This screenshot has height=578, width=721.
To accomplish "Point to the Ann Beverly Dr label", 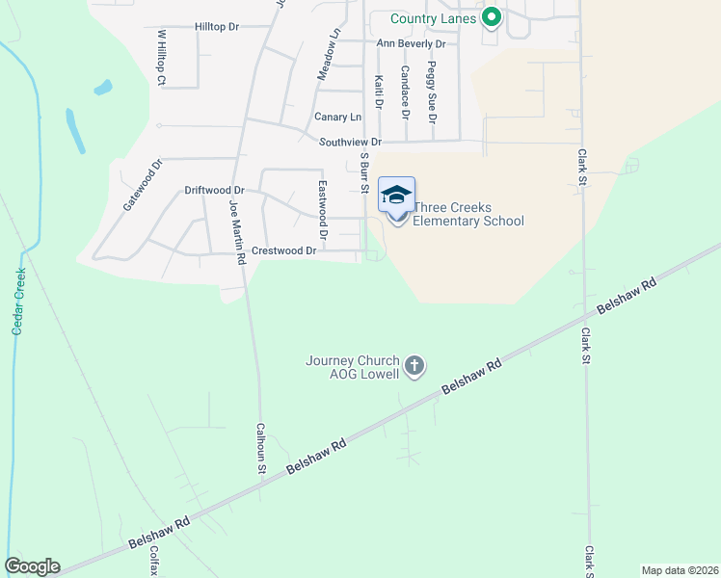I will (x=411, y=43).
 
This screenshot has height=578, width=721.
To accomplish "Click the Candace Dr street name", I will (x=406, y=92).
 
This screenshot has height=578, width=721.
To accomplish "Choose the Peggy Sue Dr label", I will (x=433, y=92).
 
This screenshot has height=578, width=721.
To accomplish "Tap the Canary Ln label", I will (x=337, y=117).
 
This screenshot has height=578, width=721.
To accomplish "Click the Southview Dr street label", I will (x=350, y=142).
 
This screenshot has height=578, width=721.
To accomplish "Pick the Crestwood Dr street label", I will (x=283, y=250).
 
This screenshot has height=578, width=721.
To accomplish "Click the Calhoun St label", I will (x=260, y=449).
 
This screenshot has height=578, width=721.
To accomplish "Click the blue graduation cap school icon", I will (x=396, y=197).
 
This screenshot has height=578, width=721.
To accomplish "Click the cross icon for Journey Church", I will (x=414, y=365).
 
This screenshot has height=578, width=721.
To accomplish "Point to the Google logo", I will (x=32, y=566).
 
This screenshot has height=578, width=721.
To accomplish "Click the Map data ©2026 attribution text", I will (x=679, y=569).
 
